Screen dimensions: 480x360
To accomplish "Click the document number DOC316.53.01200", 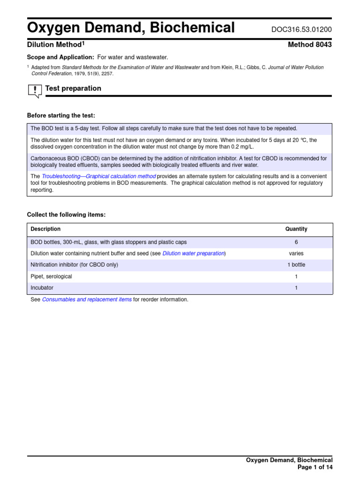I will pos(301,30).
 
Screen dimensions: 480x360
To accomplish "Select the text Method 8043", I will pos(310,45).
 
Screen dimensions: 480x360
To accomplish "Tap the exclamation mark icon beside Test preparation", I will pos(35,90).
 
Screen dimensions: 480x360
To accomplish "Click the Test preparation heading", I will pos(73,89).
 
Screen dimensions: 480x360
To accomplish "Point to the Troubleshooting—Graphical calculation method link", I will pos(98,176).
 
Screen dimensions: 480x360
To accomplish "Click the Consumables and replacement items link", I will pos(87,300).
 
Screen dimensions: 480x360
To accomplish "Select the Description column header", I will pos(45,229).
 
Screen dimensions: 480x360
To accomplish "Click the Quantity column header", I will pos(296,229).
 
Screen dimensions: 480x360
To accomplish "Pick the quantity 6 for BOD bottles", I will pos(296,242).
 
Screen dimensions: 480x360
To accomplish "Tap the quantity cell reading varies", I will pos(296,254).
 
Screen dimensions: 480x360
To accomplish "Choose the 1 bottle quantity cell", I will pos(296,265).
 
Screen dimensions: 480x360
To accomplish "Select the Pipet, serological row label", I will pos(51,277).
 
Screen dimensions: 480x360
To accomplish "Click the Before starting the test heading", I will pos(61,116).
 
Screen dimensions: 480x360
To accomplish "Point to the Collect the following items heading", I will pos(66,215).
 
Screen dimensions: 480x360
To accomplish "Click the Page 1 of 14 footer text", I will pos(315,467).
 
